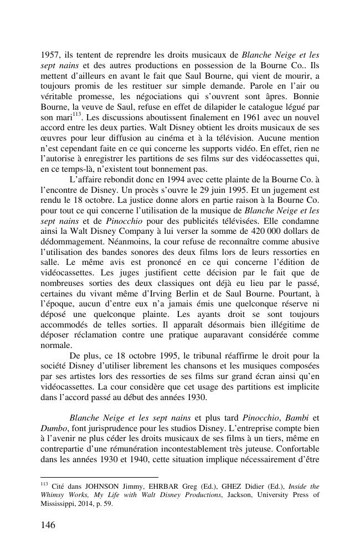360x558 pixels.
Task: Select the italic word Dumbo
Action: point(54,428)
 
